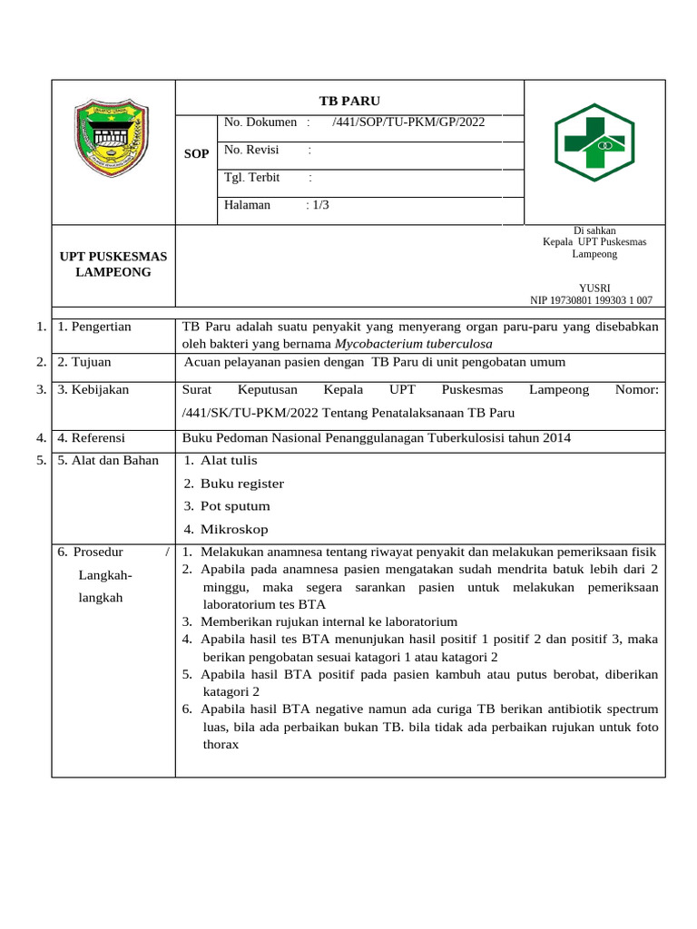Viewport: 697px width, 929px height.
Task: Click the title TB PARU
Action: (349, 100)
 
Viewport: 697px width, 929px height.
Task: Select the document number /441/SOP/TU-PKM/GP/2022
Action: (408, 122)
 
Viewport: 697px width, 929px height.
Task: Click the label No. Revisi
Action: (251, 150)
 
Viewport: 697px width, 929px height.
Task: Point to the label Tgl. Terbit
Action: (251, 177)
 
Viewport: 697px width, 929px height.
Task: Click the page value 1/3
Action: (320, 205)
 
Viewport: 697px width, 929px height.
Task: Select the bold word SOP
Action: (197, 154)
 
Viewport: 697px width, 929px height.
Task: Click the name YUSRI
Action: (594, 288)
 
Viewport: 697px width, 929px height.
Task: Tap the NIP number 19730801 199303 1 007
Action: (591, 300)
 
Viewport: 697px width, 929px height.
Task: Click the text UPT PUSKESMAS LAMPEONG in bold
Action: (113, 264)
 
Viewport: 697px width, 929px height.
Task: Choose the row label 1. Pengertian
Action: (94, 327)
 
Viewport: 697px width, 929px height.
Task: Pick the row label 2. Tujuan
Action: (84, 362)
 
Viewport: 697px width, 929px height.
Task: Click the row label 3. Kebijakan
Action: (93, 389)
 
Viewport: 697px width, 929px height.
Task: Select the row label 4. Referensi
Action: (91, 437)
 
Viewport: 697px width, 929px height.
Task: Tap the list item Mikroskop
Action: (234, 529)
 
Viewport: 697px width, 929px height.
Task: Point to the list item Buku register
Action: (241, 484)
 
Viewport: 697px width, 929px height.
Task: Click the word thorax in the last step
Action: (221, 744)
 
